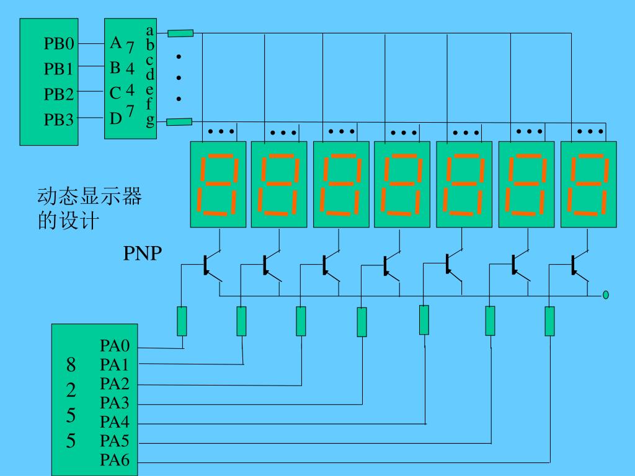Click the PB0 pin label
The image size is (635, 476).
pos(59,43)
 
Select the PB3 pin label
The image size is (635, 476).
pos(59,120)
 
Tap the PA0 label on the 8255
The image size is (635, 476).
pos(115,346)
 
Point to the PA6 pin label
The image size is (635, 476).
pos(115,461)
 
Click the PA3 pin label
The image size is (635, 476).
pos(115,403)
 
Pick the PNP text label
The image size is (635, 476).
pos(143,253)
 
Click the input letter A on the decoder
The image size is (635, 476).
pos(115,43)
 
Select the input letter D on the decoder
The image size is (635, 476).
pos(116,118)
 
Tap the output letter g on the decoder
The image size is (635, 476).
pos(150,120)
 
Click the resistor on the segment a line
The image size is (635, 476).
pos(180,33)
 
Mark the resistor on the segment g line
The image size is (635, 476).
pos(179,121)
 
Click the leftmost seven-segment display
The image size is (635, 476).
pos(218,184)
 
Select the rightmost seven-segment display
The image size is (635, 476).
pos(588,184)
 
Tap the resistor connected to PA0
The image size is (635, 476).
pos(182,322)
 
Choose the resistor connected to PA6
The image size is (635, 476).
pos(549,322)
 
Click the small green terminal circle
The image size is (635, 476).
pos(605,294)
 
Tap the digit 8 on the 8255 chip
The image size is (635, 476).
pos(71,364)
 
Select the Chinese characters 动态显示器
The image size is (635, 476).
pos(89,196)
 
